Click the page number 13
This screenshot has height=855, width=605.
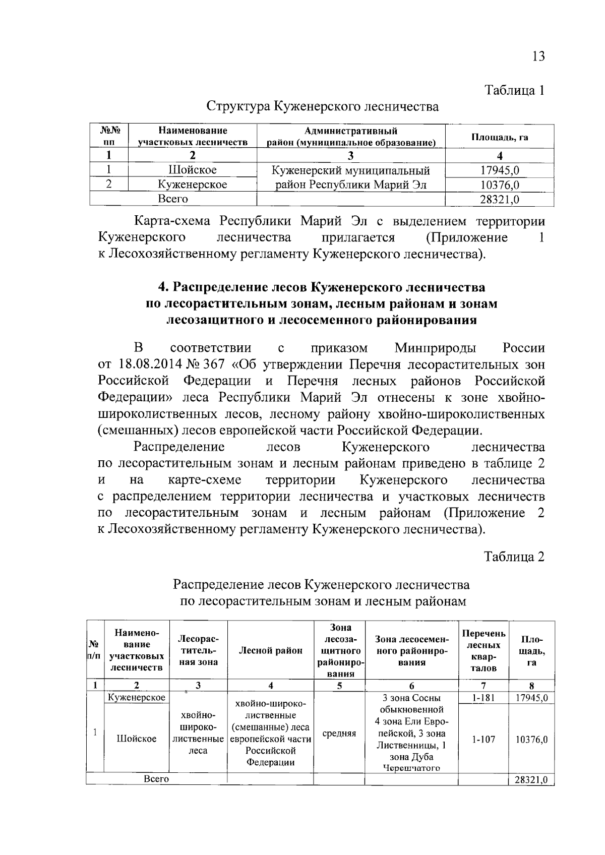tap(538, 56)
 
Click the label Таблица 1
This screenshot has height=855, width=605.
tap(514, 91)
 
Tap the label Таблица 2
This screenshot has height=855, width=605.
tap(514, 557)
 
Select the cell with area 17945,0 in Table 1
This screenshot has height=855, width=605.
tap(499, 170)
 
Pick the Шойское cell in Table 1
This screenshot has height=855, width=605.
tap(192, 170)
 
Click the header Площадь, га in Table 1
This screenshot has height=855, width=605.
tap(499, 137)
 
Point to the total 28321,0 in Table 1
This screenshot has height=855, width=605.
tap(499, 200)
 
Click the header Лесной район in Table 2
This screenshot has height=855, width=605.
tap(271, 650)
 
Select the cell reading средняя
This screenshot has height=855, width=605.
tap(339, 734)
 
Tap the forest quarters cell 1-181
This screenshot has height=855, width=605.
tap(483, 698)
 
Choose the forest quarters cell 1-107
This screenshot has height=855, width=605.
tap(483, 739)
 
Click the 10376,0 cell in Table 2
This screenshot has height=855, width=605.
tap(531, 739)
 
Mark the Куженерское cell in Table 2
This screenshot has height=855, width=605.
tap(137, 698)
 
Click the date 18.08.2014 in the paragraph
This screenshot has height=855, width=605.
tap(151, 364)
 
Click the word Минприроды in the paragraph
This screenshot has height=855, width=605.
tap(435, 348)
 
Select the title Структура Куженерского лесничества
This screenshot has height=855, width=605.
tap(323, 106)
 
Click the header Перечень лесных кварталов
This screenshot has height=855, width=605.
tap(483, 650)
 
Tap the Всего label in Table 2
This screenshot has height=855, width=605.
tap(156, 779)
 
